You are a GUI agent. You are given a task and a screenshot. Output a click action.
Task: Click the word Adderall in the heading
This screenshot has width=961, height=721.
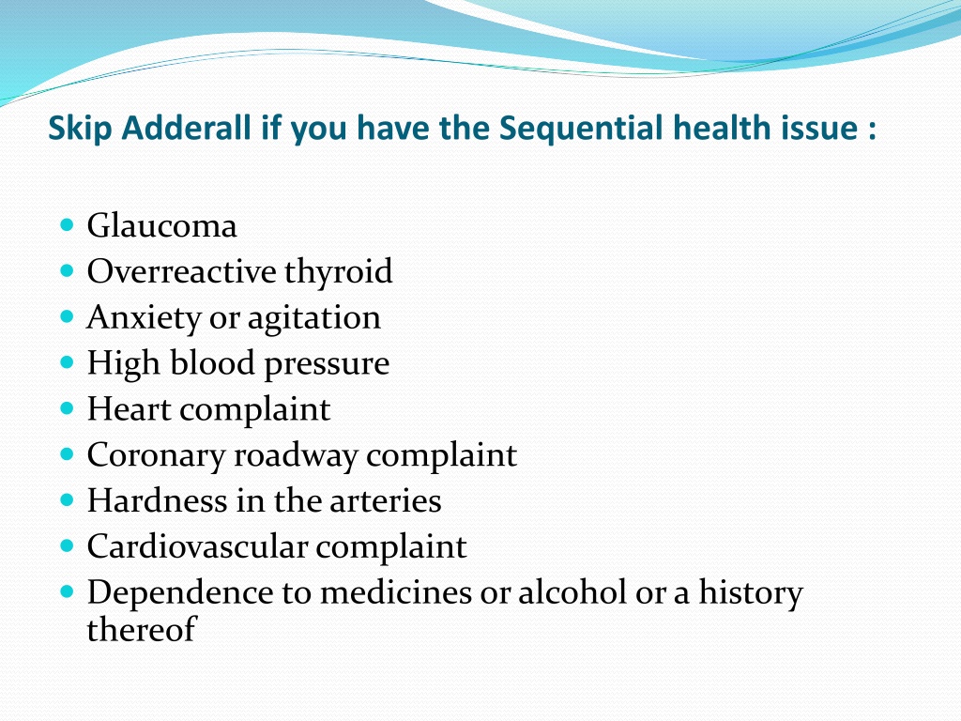pos(187,128)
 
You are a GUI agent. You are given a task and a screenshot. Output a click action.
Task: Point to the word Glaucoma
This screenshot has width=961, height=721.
pos(161,225)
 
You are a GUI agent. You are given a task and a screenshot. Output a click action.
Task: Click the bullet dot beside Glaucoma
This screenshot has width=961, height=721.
pos(68,223)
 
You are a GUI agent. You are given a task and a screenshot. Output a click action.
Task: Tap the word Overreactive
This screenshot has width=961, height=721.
pos(181,271)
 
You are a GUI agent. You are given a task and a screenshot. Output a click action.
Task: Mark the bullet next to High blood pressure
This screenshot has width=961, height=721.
pos(68,361)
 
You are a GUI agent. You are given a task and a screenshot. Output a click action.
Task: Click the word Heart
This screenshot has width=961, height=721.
pos(129,409)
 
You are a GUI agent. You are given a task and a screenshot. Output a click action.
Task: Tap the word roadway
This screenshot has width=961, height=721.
pos(296,456)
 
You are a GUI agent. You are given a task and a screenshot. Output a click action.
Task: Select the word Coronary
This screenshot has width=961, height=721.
pos(157,456)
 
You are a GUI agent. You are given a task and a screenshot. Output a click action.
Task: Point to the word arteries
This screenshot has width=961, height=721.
pos(386,501)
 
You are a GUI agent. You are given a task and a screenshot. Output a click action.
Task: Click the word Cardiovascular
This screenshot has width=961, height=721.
pos(197,546)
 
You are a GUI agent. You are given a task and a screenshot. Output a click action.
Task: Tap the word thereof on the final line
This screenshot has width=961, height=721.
pos(141,629)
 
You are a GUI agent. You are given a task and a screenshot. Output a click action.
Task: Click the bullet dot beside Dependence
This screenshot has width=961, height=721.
pos(68,591)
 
